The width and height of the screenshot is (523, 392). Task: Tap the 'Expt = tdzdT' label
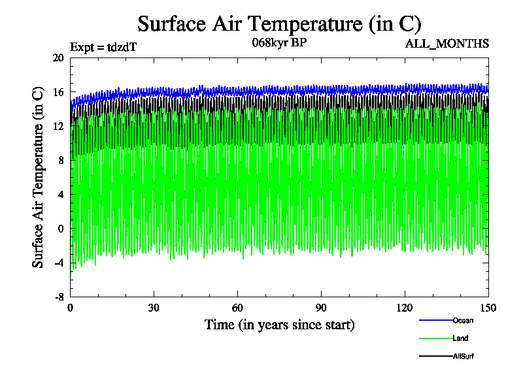point(103,46)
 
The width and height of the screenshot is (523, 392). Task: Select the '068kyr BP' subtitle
point(279,43)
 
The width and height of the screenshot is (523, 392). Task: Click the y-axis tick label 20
point(58,57)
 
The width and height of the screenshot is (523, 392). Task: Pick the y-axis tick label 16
point(58,92)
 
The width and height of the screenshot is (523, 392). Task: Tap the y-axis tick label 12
point(58,126)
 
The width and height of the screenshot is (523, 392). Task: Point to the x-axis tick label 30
point(154,308)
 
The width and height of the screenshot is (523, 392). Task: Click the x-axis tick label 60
point(238,308)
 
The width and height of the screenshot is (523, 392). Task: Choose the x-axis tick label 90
point(321,308)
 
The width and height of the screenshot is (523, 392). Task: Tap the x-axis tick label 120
point(405,308)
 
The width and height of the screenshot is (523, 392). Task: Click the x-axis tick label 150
point(488,308)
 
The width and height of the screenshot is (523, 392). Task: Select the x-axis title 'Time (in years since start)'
point(279,325)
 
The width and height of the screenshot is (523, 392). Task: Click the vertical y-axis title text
point(39,177)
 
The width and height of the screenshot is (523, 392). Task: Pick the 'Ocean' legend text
point(462,320)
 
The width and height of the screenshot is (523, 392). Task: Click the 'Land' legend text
point(460,338)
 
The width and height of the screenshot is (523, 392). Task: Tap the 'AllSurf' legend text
point(464,357)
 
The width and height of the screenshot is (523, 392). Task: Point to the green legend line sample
point(435,338)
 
